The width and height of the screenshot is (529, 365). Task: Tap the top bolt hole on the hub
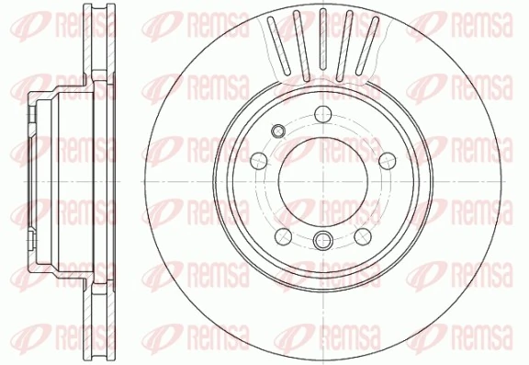(321, 114)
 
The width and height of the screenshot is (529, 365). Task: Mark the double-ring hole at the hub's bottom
(321, 241)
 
